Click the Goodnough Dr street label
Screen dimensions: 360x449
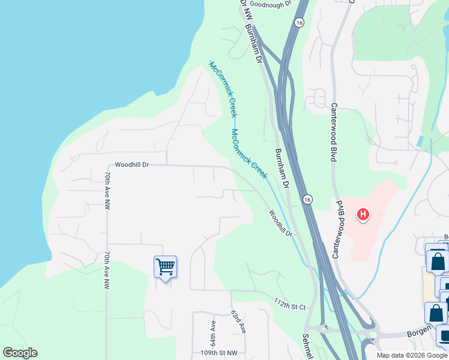click(270, 4)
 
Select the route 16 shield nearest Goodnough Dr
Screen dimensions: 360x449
click(298, 22)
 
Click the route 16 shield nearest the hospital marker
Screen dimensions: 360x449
click(307, 199)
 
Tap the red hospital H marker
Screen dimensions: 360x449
click(363, 214)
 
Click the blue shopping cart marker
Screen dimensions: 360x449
click(164, 266)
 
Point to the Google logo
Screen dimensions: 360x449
click(20, 353)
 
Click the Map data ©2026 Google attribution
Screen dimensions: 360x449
click(412, 355)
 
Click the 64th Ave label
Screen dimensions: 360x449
click(212, 328)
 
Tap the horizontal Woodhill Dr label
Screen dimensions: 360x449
click(131, 164)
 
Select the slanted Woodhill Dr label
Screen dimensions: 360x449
click(280, 223)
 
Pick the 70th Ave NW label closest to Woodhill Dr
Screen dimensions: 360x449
click(107, 190)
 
